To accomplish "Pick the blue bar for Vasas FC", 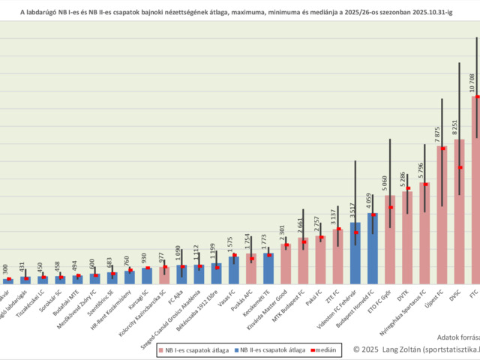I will pyautogui.click(x=234, y=270).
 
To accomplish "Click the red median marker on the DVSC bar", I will pyautogui.click(x=460, y=167).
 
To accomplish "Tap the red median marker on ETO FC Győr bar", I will pyautogui.click(x=390, y=208).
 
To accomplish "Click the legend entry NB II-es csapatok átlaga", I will pyautogui.click(x=271, y=349).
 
